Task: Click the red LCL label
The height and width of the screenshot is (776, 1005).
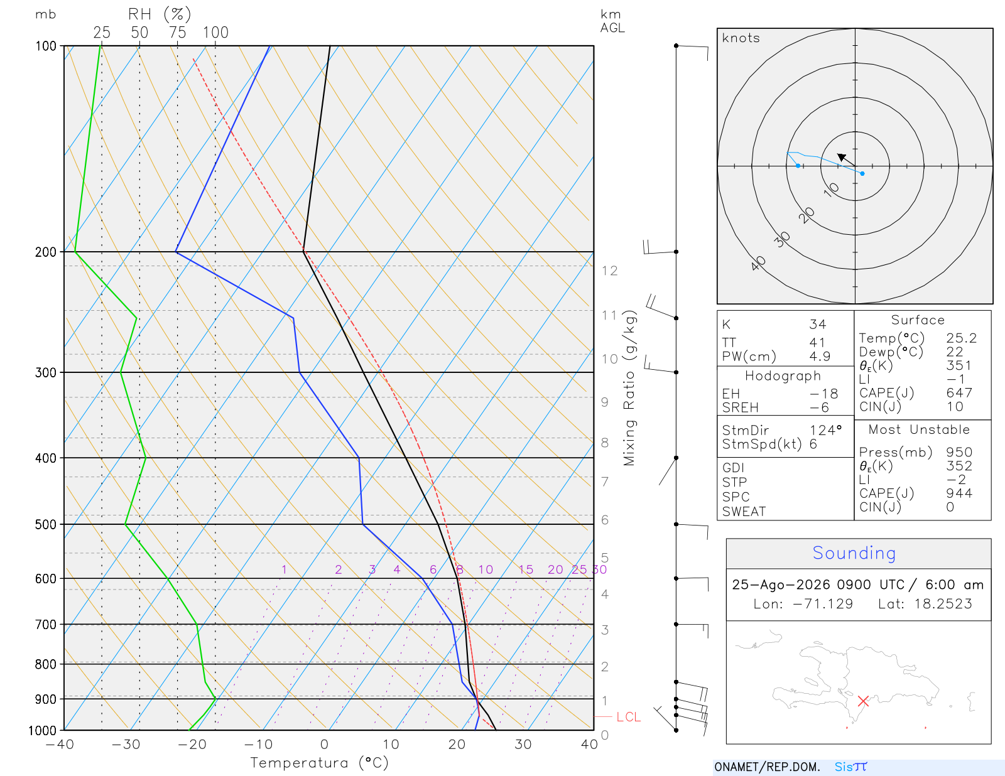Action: pos(628,717)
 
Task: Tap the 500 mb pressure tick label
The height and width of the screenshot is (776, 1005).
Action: pos(46,525)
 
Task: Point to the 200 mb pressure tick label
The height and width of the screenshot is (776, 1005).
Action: pos(46,252)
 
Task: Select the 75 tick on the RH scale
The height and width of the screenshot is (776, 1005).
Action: pos(177,33)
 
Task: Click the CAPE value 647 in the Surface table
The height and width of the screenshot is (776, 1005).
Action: pos(959,393)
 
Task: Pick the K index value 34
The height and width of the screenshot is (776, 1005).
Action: pos(817,325)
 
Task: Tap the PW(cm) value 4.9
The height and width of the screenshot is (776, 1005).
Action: pos(820,357)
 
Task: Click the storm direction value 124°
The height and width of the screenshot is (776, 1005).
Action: pos(825,430)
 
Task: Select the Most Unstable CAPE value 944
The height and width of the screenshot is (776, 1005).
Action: pos(959,493)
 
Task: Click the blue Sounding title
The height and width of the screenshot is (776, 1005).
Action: pos(854,553)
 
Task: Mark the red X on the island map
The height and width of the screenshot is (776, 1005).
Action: pos(863,701)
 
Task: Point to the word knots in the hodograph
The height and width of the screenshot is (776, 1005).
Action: pos(741,38)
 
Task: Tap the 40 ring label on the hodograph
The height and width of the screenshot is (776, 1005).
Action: pos(758,264)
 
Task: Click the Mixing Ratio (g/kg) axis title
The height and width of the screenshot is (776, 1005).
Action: pos(629,388)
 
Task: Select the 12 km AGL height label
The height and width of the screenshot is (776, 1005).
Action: pos(609,271)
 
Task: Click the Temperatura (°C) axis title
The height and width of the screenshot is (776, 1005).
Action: pos(319,763)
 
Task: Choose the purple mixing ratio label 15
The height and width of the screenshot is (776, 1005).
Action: pos(526,569)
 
